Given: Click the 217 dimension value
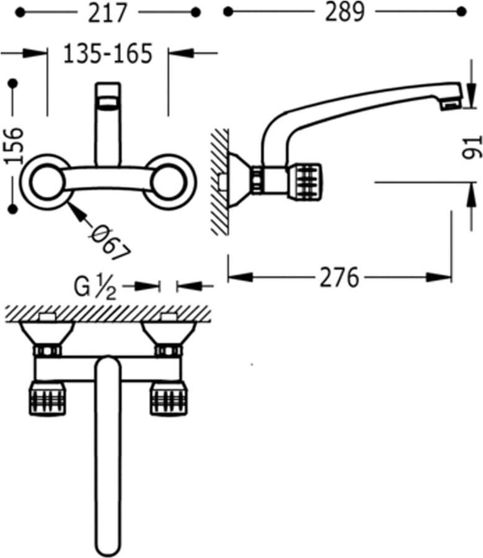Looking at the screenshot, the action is [x=107, y=13].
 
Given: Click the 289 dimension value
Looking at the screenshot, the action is [x=345, y=12].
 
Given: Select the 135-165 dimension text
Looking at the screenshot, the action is [x=107, y=54].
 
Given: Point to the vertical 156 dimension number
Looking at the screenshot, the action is [x=14, y=146].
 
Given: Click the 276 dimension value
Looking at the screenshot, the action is [x=339, y=277].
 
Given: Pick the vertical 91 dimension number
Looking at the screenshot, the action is [x=472, y=146].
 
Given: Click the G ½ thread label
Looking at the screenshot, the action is [x=95, y=288].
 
